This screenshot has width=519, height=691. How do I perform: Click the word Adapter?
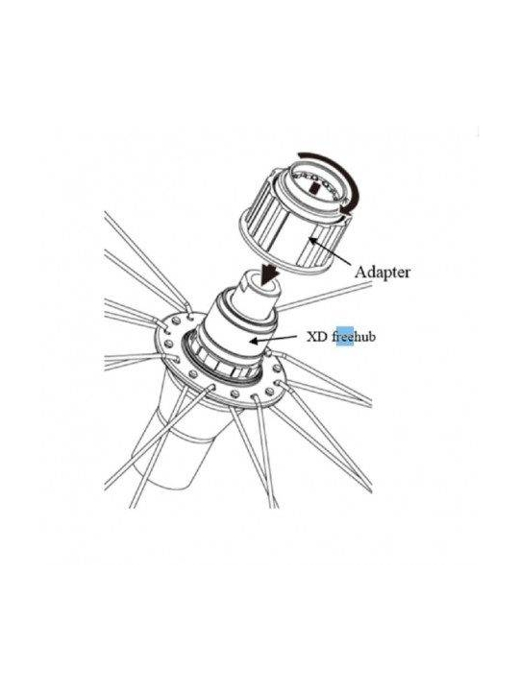(x=383, y=272)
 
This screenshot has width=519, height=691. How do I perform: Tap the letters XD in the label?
(x=317, y=337)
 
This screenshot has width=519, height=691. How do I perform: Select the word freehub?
(x=354, y=337)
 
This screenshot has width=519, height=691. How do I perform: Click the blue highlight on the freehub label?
(x=345, y=337)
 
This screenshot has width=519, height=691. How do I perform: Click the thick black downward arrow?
(x=268, y=272)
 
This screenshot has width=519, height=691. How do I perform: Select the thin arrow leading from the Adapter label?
(x=330, y=251)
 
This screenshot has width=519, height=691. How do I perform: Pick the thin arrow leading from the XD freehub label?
(x=273, y=339)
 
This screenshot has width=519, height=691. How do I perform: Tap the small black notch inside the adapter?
(x=314, y=189)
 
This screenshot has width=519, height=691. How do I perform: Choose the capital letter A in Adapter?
(x=360, y=272)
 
